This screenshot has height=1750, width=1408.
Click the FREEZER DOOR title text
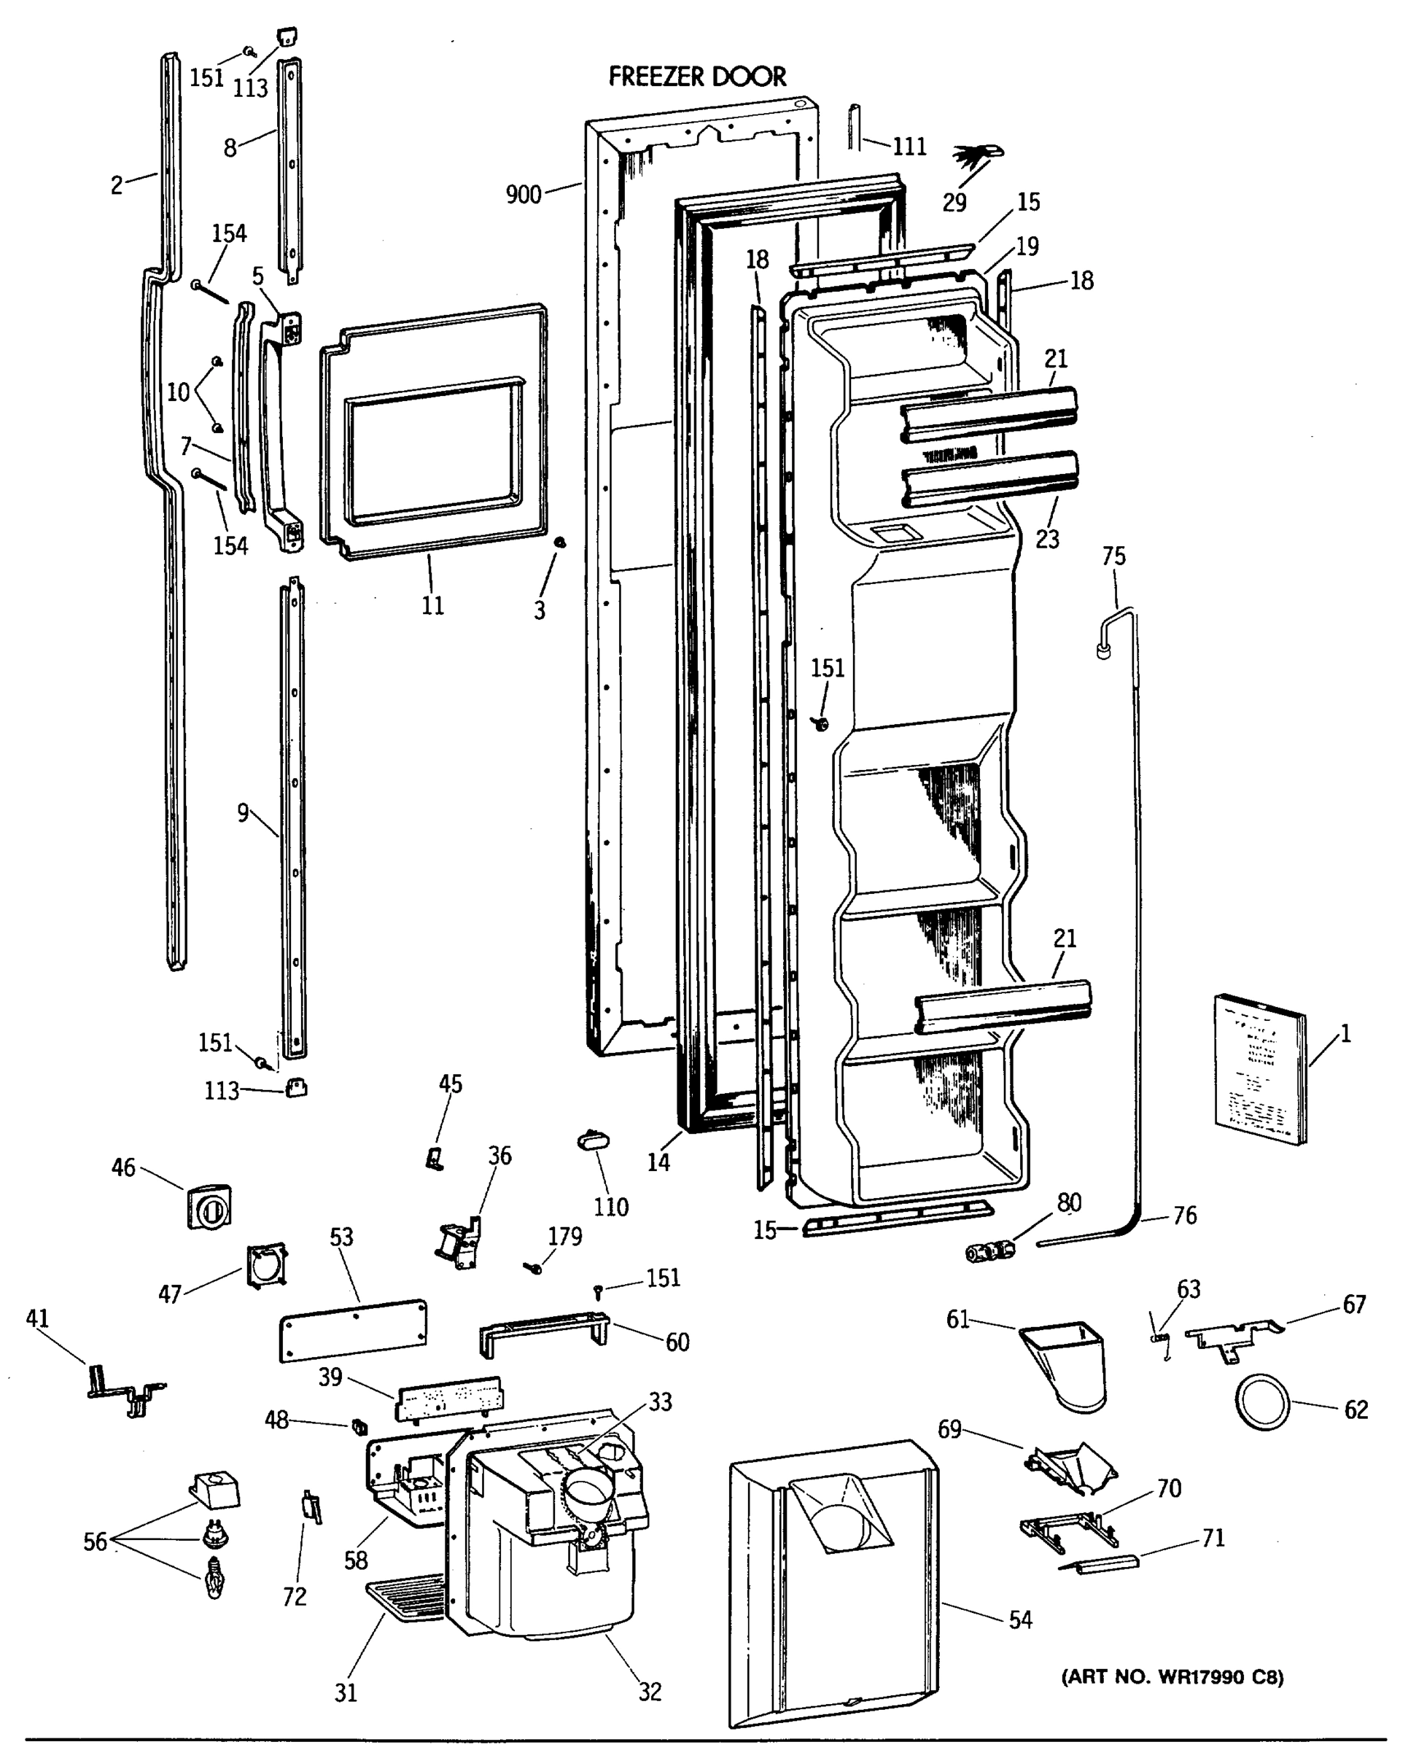tap(696, 77)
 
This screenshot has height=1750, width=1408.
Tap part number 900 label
tap(523, 195)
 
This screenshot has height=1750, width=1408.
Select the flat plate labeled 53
tap(353, 1330)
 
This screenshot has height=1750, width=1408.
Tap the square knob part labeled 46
tap(209, 1207)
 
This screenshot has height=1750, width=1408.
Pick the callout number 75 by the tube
tap(1113, 557)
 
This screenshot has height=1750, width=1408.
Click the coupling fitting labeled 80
tap(989, 1251)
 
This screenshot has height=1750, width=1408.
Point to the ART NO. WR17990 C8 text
tap(1172, 1677)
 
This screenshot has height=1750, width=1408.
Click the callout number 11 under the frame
tap(432, 605)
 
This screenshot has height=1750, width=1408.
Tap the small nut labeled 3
tap(559, 541)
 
